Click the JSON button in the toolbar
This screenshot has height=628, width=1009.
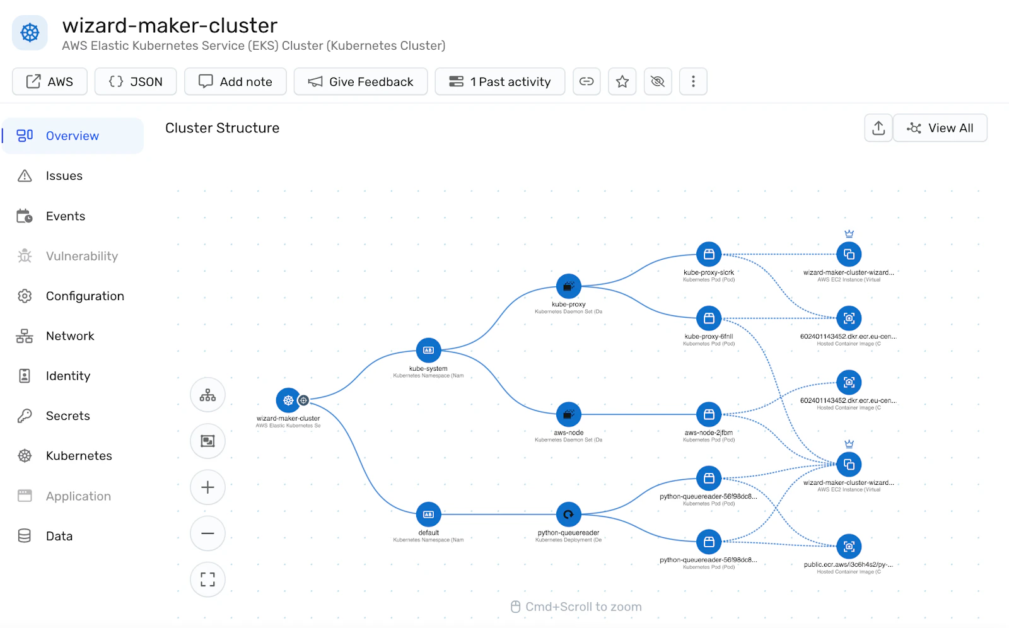click(x=136, y=81)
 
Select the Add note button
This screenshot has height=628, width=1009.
click(x=235, y=81)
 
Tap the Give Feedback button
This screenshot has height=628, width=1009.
click(x=361, y=81)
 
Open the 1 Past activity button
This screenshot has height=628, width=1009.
click(x=500, y=81)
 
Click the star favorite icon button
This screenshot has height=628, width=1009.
click(x=622, y=81)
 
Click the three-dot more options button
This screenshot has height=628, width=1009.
click(x=693, y=81)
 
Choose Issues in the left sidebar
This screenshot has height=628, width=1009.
click(x=64, y=176)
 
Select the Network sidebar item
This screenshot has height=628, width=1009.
click(x=69, y=336)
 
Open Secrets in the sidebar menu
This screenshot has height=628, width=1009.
click(x=67, y=416)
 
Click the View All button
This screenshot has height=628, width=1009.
click(x=940, y=128)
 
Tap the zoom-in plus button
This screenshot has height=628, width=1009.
click(x=207, y=487)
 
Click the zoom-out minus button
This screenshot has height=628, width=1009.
click(x=207, y=533)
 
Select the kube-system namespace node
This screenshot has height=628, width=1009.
click(x=429, y=351)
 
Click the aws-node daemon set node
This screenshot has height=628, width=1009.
click(x=569, y=414)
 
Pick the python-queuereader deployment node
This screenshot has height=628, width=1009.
click(x=569, y=515)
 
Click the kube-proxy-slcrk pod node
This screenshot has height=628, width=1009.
click(x=709, y=254)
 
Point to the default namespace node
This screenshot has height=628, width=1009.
click(x=429, y=515)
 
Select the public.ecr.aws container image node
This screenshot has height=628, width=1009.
click(x=849, y=547)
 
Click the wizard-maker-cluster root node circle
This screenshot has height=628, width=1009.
click(x=288, y=400)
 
